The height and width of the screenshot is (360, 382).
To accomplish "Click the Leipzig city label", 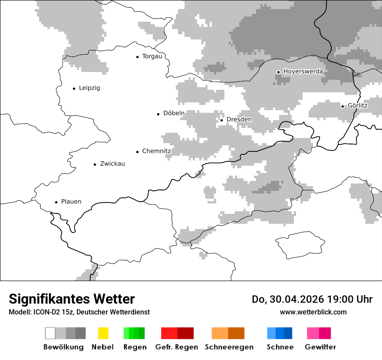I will click(89, 88).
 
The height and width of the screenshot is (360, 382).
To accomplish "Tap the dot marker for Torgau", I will click(137, 56).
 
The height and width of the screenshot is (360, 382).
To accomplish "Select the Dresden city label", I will click(239, 120).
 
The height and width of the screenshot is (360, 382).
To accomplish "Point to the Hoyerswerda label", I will click(303, 72).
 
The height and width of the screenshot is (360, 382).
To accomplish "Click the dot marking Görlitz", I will click(342, 106).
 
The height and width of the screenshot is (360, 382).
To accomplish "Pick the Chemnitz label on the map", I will click(156, 151).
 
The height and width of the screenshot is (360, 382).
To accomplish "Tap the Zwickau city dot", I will click(95, 164).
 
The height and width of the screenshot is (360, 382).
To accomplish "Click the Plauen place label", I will click(71, 202).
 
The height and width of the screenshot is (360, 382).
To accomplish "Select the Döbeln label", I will click(174, 114).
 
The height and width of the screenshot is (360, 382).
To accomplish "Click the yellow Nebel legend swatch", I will click(103, 333).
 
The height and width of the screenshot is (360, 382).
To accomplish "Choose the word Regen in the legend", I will click(135, 347).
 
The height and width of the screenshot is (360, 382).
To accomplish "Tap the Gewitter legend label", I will click(320, 347).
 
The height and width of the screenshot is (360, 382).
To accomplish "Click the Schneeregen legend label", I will click(229, 347).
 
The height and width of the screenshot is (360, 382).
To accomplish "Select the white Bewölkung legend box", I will click(50, 333).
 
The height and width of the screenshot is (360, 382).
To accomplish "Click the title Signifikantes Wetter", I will click(72, 299).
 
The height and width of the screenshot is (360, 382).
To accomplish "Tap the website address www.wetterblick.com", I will click(313, 312).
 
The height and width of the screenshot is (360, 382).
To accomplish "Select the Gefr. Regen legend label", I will click(176, 347).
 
